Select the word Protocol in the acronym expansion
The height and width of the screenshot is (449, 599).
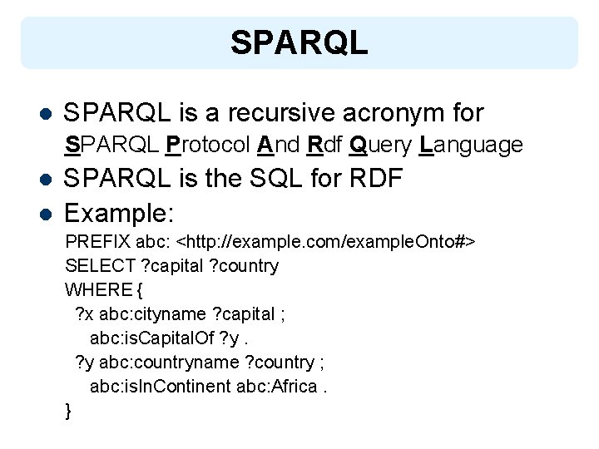(208, 146)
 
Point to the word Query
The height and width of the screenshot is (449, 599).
(381, 146)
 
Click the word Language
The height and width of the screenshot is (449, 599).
(472, 146)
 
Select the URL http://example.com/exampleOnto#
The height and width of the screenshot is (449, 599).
(328, 242)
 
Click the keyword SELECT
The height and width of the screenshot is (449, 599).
(96, 266)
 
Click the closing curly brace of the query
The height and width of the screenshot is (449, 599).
(68, 411)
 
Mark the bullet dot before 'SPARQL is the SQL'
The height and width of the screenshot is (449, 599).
(47, 180)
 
